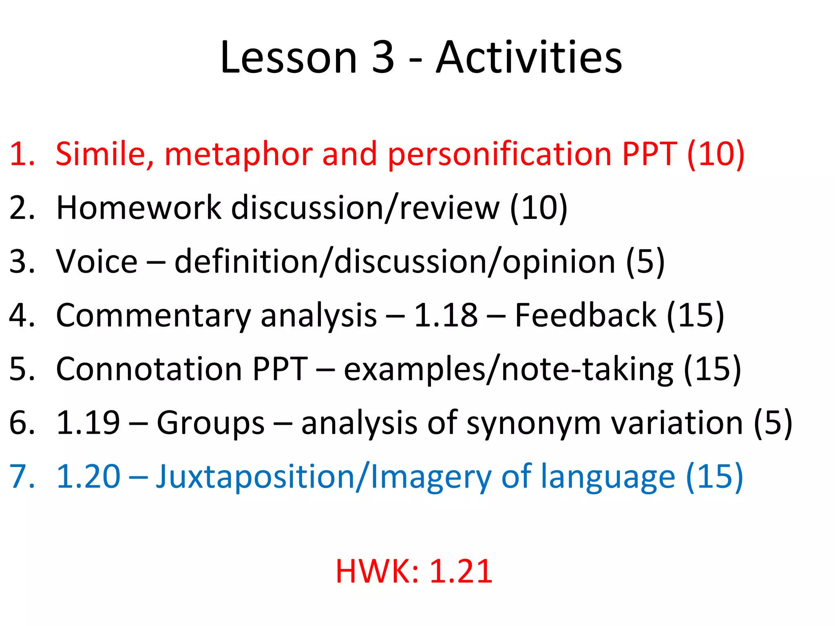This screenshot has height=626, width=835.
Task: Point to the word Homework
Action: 139,207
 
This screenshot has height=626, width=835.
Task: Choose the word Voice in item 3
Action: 97,261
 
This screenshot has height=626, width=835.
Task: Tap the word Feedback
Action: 585,315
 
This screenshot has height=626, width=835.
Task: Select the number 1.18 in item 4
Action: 446,315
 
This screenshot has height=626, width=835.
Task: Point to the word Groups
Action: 211,423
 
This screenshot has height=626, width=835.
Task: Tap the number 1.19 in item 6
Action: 88,423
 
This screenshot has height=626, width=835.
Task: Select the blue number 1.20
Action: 88,476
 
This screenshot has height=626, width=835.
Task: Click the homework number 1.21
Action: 461,571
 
